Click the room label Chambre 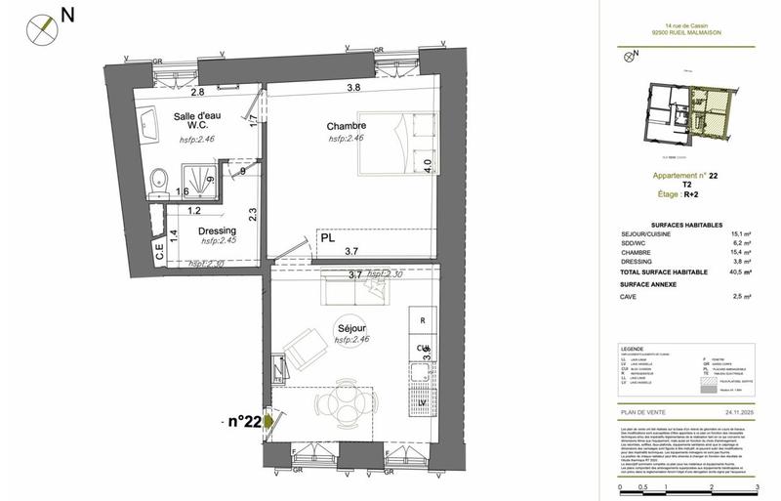(x=347, y=126)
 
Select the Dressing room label (x=218, y=230)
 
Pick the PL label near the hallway (x=327, y=237)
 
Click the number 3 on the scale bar (x=758, y=485)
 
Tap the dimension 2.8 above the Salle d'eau (x=196, y=92)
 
